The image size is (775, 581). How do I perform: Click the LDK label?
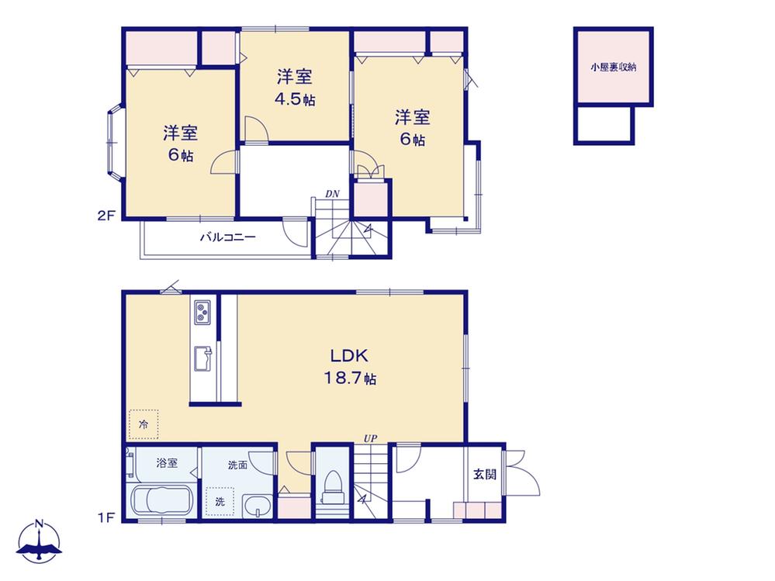349,356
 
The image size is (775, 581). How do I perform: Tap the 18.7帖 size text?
350,379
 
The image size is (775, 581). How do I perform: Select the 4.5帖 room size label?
295,99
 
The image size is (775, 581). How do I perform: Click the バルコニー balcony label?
227,237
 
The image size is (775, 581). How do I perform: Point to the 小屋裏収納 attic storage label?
614,67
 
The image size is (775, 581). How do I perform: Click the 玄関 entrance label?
485,475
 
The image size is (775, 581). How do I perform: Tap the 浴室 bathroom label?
167,463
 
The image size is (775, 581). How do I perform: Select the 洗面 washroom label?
237,465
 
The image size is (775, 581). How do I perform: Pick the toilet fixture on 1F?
332,486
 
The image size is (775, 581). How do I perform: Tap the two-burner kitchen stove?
202,313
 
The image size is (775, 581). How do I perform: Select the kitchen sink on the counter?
202,358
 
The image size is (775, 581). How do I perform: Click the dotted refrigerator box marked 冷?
144,424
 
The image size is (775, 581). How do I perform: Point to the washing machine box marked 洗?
220,501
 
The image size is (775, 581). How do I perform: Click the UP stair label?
370,439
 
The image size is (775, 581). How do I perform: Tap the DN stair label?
332,194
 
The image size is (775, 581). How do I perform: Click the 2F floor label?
106,216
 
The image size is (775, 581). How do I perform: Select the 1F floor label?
106,517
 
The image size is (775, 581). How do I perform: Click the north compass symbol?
40,541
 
